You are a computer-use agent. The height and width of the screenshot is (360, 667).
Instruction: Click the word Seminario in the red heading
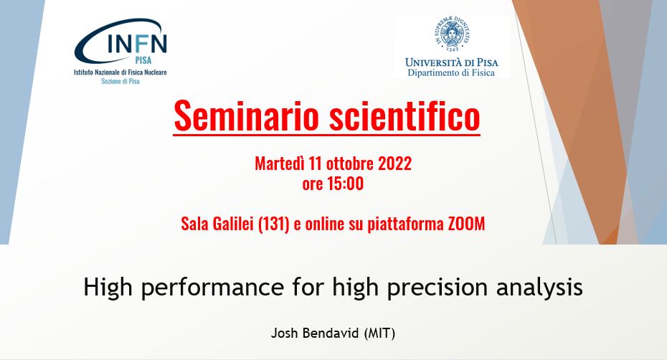click(246, 115)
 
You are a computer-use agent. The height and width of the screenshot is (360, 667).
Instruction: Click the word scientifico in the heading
click(405, 115)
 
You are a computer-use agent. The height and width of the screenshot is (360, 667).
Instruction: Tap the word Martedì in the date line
click(280, 164)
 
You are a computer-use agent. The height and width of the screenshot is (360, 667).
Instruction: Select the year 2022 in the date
click(394, 164)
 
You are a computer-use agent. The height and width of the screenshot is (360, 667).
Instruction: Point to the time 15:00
click(346, 184)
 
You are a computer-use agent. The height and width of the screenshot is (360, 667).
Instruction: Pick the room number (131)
click(274, 224)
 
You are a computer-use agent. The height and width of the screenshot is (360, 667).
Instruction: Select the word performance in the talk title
click(212, 288)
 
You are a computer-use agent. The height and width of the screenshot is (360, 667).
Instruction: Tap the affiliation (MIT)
click(380, 333)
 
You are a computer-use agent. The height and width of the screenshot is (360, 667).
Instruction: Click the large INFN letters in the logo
click(137, 43)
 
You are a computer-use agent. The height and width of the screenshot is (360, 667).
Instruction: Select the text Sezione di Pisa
click(120, 81)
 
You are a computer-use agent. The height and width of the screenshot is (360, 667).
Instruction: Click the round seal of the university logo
click(452, 34)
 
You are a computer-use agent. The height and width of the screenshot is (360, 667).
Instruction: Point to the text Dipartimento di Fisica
click(451, 72)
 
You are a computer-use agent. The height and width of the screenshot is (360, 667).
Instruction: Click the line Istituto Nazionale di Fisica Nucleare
click(120, 72)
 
